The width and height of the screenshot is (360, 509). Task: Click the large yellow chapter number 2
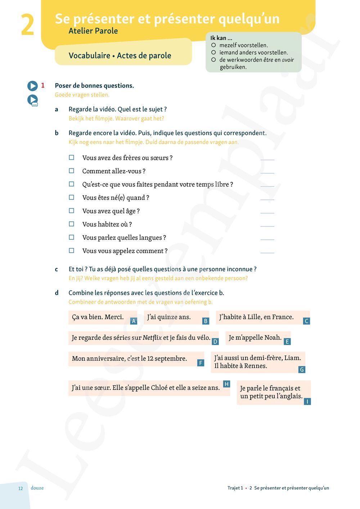click(27, 25)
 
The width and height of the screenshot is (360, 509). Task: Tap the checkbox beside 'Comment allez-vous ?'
click(72, 171)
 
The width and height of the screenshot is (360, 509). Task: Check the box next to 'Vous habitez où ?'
click(72, 224)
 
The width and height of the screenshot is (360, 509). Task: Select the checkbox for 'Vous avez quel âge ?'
click(72, 211)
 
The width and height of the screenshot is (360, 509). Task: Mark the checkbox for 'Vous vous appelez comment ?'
click(72, 251)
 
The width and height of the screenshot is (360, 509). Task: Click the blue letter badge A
click(134, 321)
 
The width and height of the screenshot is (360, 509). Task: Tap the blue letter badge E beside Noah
click(287, 342)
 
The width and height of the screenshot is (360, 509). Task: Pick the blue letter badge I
click(307, 401)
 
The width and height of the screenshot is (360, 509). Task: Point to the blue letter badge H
click(226, 384)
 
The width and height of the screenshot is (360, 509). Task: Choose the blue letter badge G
click(302, 369)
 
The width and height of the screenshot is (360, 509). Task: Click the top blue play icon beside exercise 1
click(32, 86)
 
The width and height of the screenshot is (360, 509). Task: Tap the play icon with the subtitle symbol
click(33, 100)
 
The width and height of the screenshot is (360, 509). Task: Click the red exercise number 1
click(43, 86)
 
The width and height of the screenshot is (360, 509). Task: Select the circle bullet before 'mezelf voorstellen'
click(213, 45)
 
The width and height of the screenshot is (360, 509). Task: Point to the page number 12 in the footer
click(21, 488)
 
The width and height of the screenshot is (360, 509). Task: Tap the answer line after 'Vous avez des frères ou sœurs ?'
click(267, 159)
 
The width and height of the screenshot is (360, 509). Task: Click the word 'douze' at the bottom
click(37, 488)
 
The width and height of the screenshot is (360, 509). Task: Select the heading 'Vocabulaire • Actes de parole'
click(120, 55)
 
